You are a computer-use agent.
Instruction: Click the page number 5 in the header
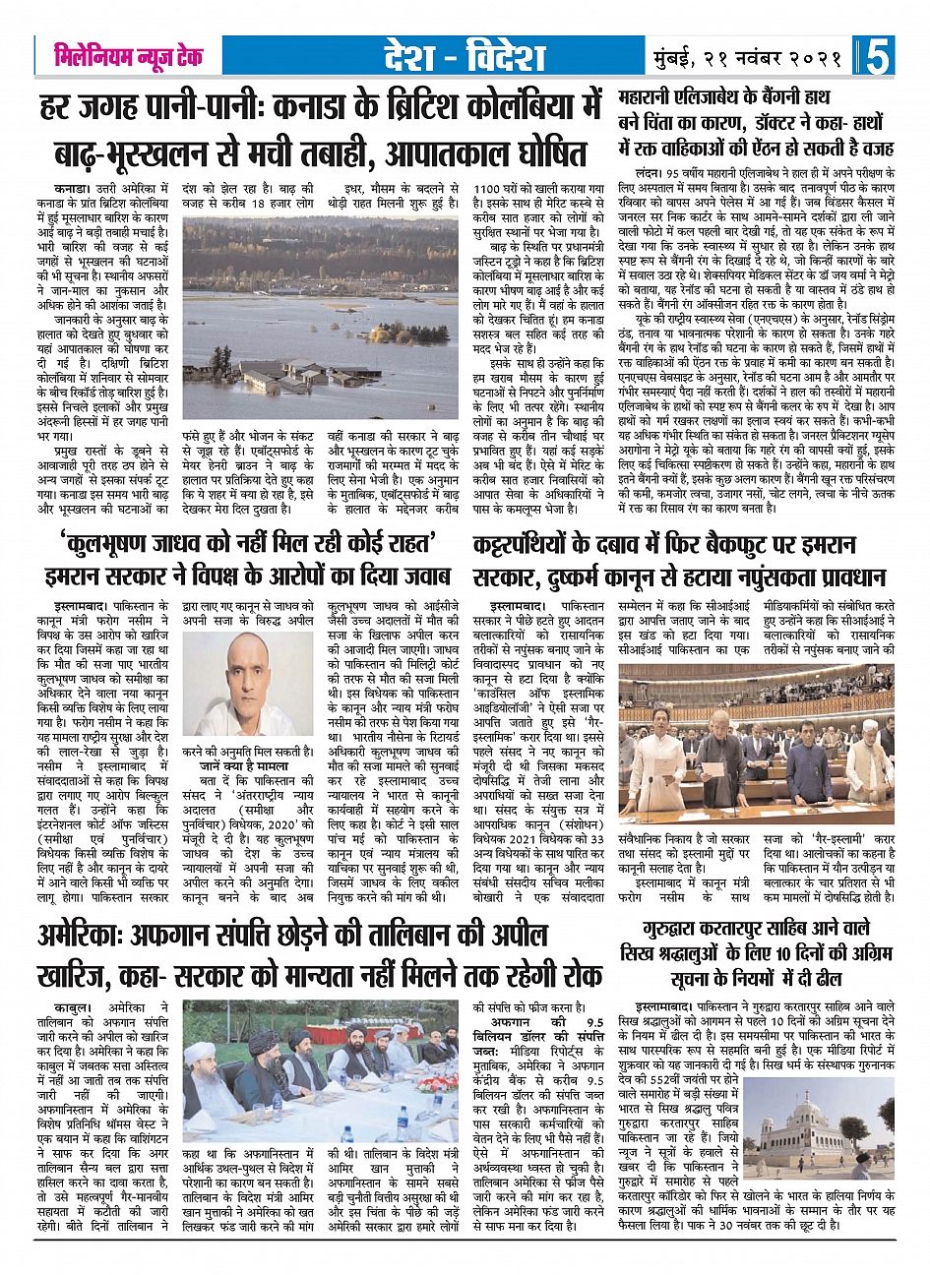[x=879, y=56]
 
